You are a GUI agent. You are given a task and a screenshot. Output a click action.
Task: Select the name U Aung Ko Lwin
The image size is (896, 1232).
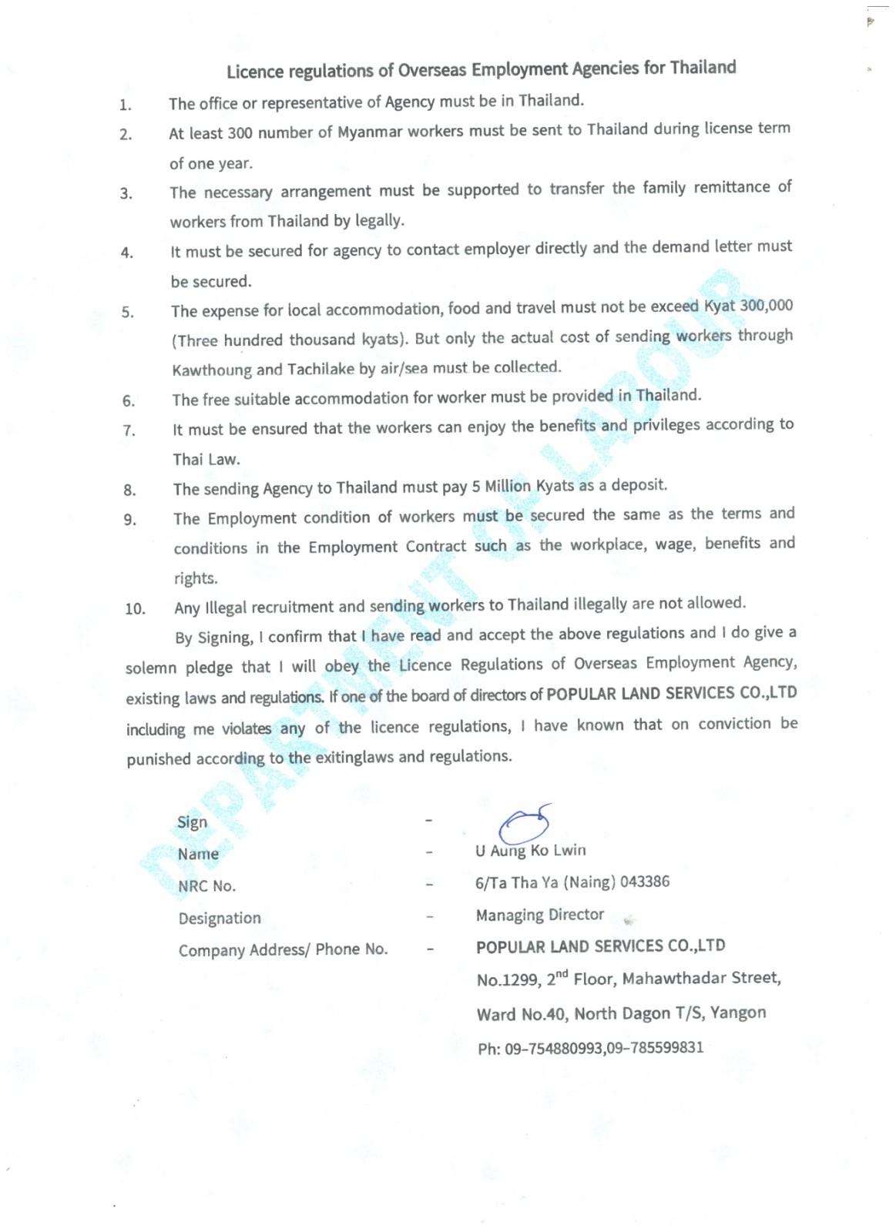click(x=530, y=851)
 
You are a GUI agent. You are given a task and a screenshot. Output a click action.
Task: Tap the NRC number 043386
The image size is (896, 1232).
click(x=645, y=882)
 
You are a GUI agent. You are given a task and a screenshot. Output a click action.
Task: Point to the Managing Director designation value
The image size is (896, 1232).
click(x=539, y=915)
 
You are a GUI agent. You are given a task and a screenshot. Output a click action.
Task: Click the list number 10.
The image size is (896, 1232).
click(x=135, y=609)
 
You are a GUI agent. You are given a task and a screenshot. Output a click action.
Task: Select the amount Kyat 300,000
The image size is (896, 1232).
click(x=748, y=306)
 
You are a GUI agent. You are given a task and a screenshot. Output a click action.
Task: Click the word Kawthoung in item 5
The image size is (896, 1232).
click(x=212, y=370)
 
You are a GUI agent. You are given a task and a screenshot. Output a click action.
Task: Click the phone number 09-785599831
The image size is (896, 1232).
click(x=655, y=1048)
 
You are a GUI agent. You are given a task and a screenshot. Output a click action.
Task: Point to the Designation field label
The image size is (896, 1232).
click(x=220, y=918)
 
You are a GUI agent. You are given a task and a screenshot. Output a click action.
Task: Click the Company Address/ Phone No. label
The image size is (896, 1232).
click(x=283, y=949)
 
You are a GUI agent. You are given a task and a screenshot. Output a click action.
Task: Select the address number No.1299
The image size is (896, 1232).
click(x=508, y=980)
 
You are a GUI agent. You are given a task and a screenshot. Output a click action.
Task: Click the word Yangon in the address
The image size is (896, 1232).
click(x=738, y=1013)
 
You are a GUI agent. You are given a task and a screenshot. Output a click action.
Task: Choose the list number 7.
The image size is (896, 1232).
click(x=129, y=430)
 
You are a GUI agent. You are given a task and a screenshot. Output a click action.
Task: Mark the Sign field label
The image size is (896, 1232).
click(x=192, y=822)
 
